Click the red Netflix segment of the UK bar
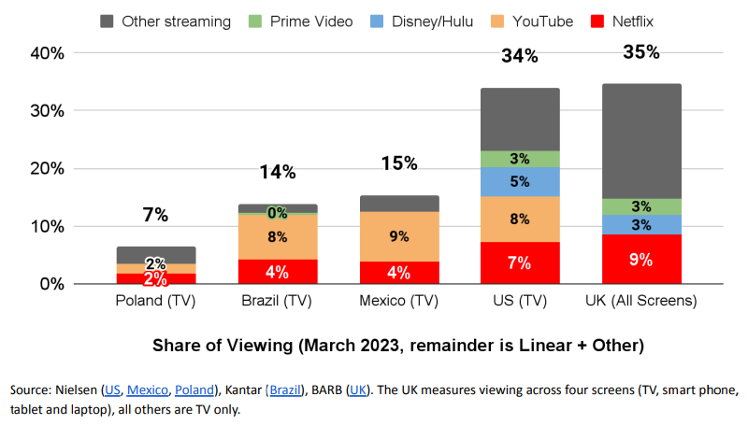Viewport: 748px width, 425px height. tap(641, 259)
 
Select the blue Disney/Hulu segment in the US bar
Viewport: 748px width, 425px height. tap(520, 182)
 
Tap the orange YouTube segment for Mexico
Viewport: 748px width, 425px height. tap(399, 236)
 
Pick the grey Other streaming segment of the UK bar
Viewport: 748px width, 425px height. tap(641, 141)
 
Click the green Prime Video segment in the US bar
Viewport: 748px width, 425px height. tap(520, 159)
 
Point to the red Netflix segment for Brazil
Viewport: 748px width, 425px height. tap(278, 271)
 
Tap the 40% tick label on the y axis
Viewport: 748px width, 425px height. tap(46, 53)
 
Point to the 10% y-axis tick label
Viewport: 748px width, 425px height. tap(46, 226)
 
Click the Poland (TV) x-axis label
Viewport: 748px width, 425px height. tap(156, 301)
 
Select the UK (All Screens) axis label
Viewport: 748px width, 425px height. tap(641, 301)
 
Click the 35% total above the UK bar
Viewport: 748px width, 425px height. tap(641, 52)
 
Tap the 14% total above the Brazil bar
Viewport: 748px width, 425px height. tap(278, 172)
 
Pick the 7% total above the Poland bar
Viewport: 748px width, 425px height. tap(156, 215)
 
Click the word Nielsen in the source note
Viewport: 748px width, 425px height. tap(79, 390)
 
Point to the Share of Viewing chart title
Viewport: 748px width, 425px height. tap(399, 346)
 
